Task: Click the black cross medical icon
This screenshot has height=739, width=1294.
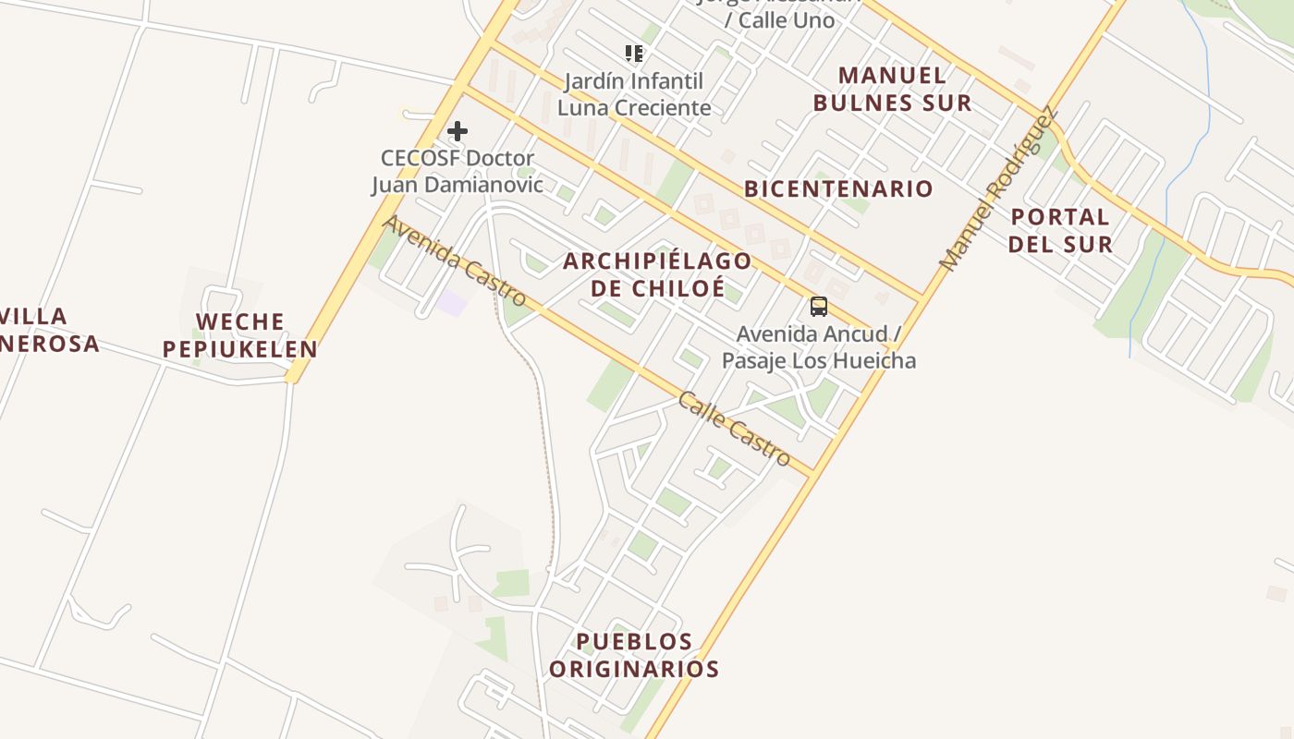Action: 457,131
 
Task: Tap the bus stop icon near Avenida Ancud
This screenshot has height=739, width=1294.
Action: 818,307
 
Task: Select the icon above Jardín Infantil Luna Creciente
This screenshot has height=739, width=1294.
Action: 633,54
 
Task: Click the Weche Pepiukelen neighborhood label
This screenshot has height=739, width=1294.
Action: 239,335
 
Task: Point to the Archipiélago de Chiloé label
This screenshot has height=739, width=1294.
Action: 657,274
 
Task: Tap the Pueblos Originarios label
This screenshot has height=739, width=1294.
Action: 634,655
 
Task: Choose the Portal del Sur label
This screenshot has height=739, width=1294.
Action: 1060,230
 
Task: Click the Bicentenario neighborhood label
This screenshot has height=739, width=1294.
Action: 838,189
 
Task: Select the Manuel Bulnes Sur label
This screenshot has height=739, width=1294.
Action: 892,89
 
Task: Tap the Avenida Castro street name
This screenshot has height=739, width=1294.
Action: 455,261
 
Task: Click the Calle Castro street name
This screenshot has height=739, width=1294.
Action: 734,429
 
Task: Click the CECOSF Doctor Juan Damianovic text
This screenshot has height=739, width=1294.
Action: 458,171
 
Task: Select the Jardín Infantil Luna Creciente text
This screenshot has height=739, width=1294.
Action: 634,94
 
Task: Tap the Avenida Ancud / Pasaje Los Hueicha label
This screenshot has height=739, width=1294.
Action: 819,346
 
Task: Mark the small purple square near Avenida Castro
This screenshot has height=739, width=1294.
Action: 452,302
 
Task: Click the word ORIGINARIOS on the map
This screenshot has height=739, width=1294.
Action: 634,669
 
